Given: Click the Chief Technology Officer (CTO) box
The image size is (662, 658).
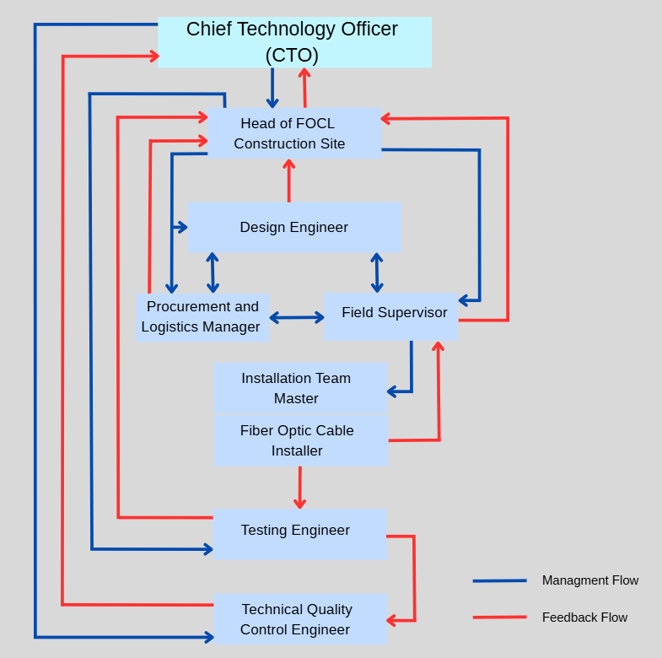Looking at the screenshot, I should point(294,41).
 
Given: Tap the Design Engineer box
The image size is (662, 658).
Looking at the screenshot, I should point(293,227).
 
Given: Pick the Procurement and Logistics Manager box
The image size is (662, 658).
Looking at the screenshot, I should point(202,317).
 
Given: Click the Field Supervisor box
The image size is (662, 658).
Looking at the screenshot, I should point(390,316).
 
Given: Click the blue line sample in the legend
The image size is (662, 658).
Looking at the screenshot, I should point(499,580).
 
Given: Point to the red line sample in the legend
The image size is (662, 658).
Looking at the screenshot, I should point(499,618).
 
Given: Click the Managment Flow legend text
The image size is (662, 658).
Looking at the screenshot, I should point(589,580).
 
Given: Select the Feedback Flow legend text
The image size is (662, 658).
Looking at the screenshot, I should point(584,618).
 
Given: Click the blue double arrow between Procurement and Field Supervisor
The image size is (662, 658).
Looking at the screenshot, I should point(297,318).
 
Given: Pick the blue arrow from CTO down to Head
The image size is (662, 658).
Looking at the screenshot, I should point(272,88).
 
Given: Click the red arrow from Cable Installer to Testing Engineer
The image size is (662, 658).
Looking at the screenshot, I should point(299,487).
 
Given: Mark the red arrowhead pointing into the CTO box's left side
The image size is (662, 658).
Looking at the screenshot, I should point(153,57).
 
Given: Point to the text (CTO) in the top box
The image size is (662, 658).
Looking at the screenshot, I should point(292,56).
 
